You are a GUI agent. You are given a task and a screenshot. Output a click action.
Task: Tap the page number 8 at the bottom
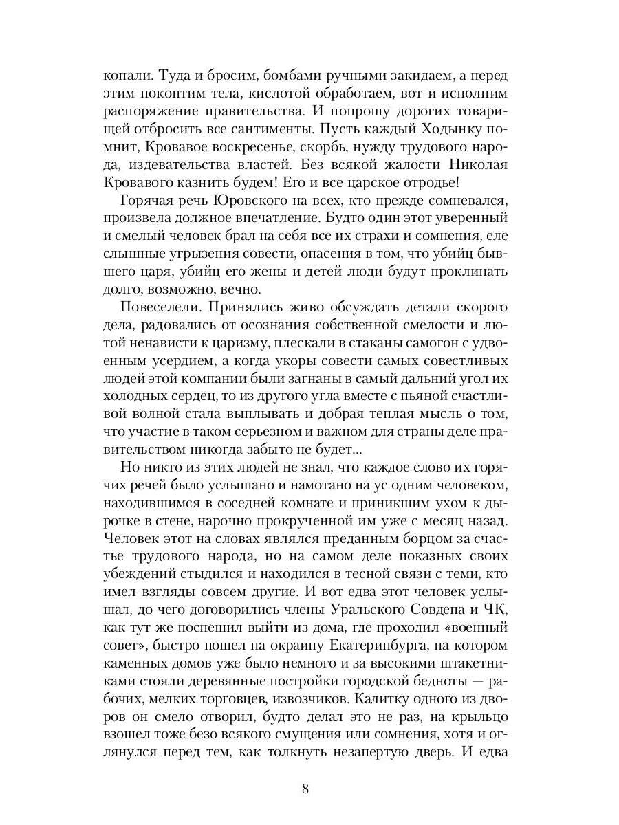(x=305, y=788)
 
